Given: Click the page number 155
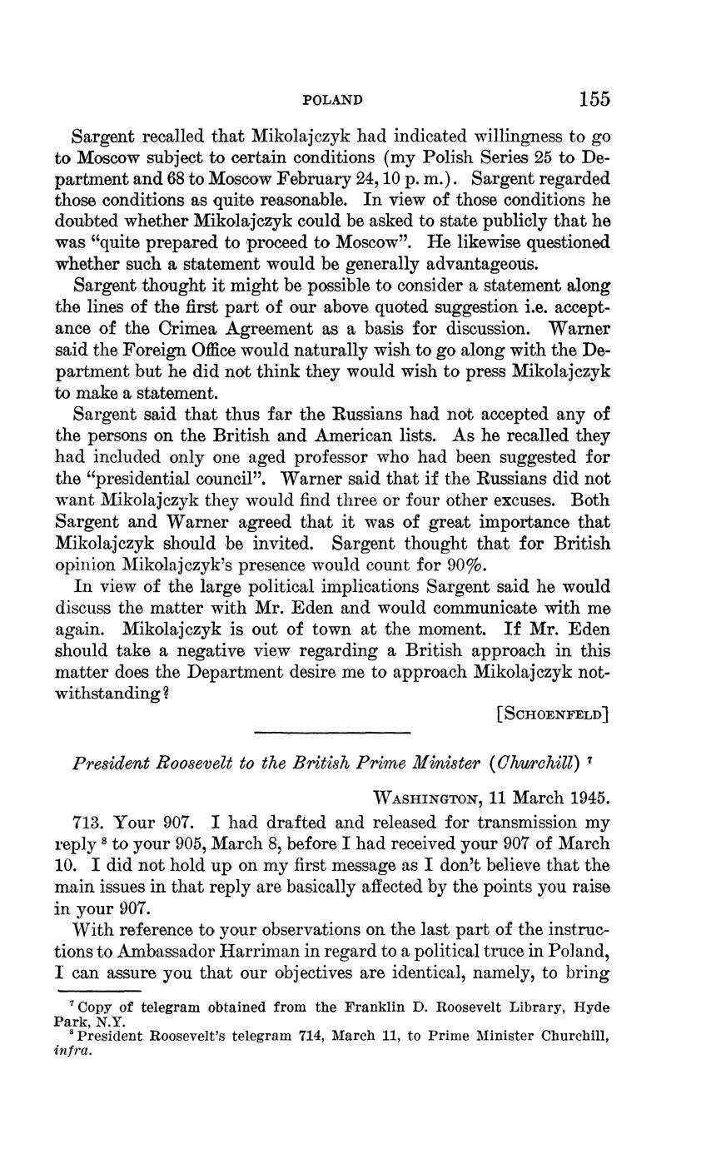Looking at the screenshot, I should (594, 99).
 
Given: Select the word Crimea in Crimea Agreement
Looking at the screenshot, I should (174, 326).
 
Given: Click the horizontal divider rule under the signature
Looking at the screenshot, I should (331, 732).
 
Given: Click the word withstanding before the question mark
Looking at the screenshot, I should (109, 693).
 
